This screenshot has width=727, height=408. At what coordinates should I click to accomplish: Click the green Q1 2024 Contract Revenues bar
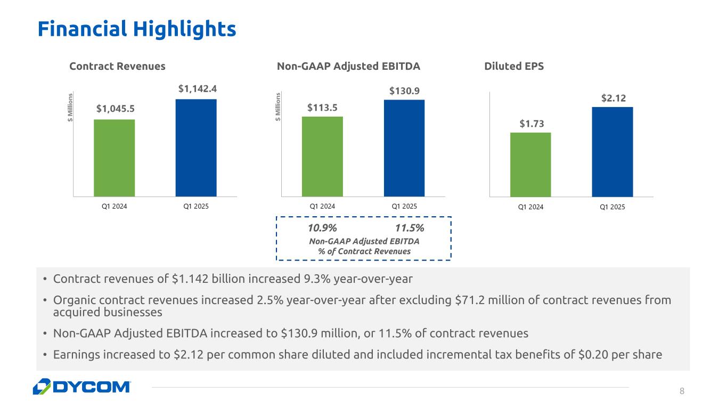point(114,158)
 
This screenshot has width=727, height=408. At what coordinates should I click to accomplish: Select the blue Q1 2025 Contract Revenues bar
point(196,148)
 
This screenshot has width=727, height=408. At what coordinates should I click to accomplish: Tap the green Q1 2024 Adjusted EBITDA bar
point(322,156)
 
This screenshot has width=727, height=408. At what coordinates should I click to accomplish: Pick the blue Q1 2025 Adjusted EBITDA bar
point(404,148)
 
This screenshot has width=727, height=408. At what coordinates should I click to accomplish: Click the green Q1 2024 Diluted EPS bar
point(530,165)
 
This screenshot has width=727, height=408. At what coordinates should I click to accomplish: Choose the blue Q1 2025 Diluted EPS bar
point(612,152)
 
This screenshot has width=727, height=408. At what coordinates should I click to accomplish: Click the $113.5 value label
point(322,108)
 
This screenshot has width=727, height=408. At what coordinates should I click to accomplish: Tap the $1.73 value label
point(531,124)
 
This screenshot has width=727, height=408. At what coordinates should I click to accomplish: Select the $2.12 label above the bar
point(612,98)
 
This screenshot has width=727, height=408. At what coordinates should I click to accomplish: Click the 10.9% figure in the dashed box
point(322,229)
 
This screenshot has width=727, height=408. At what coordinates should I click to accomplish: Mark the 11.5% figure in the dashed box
point(409,229)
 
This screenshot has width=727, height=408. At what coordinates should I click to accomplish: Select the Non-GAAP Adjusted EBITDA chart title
point(348,67)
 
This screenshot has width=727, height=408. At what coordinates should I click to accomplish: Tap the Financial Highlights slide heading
point(136,29)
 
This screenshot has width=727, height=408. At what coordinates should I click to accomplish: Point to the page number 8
point(681,391)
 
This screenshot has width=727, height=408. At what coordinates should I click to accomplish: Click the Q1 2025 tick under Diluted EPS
point(612,207)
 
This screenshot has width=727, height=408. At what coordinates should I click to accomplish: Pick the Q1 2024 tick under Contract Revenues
point(114,206)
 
